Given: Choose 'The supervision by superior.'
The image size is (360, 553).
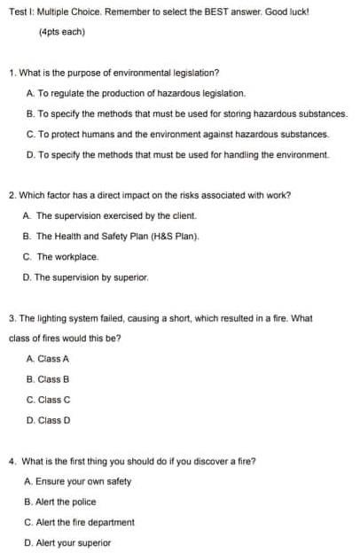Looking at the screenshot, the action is point(92,277).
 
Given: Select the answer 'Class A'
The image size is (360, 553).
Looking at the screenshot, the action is point(54,359).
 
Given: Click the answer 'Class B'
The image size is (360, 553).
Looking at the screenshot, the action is point(54,379).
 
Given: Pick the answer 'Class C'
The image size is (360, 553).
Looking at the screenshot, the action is point(54,400).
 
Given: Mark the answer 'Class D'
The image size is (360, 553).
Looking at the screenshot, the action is point(54,420).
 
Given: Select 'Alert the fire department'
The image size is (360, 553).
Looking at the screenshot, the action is point(86,522).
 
